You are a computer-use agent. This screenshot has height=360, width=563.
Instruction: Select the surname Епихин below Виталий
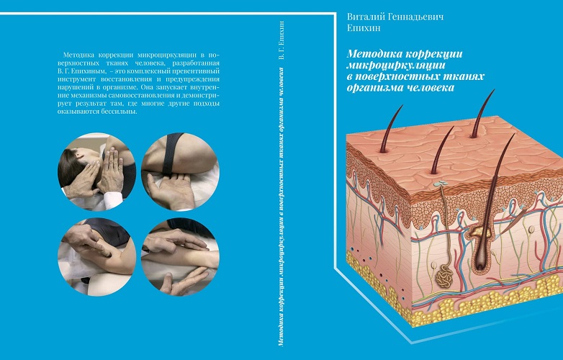[364, 28]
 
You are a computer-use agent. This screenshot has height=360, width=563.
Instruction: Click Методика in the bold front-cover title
[374, 54]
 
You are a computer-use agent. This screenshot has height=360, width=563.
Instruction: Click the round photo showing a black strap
[180, 171]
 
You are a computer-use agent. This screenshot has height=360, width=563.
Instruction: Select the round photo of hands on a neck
[97, 171]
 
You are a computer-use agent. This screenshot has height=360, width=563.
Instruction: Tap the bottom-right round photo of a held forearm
[180, 257]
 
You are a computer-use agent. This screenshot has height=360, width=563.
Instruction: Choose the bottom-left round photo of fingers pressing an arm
[97, 257]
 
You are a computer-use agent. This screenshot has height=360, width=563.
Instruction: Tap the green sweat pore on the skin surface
[441, 184]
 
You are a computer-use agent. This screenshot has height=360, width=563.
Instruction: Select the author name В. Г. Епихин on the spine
[281, 40]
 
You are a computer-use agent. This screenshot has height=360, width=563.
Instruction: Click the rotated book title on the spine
[281, 207]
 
